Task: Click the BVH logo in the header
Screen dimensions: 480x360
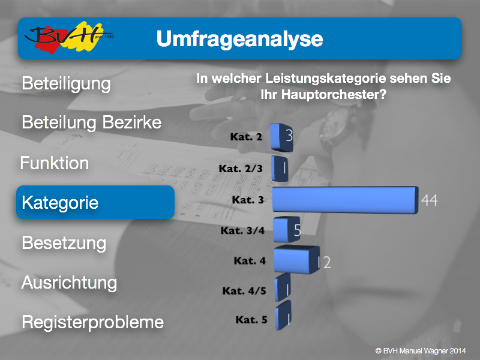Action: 69,37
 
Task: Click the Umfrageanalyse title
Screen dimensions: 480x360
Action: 239,39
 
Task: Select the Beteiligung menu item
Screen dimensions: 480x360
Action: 66,83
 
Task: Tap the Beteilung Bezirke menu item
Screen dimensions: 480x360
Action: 92,122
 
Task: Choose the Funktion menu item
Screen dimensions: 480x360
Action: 55,163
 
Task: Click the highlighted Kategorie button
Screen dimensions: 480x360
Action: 95,202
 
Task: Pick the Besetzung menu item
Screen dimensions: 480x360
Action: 64,243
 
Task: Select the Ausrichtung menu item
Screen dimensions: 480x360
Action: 69,283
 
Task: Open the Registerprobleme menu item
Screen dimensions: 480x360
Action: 93,322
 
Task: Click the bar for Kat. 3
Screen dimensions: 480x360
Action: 345,200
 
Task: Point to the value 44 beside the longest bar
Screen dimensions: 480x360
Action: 429,200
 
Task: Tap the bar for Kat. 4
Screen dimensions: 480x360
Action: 296,260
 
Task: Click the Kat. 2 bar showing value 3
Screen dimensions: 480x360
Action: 281,137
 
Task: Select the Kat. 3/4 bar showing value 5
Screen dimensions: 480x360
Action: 286,229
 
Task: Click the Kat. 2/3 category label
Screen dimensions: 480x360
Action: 241,169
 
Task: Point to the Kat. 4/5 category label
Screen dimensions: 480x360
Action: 244,291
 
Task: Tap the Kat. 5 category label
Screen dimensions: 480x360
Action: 251,320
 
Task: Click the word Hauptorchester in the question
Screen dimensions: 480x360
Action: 334,94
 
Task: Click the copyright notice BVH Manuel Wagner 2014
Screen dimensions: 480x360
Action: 421,351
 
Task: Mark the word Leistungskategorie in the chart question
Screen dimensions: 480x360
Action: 325,79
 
